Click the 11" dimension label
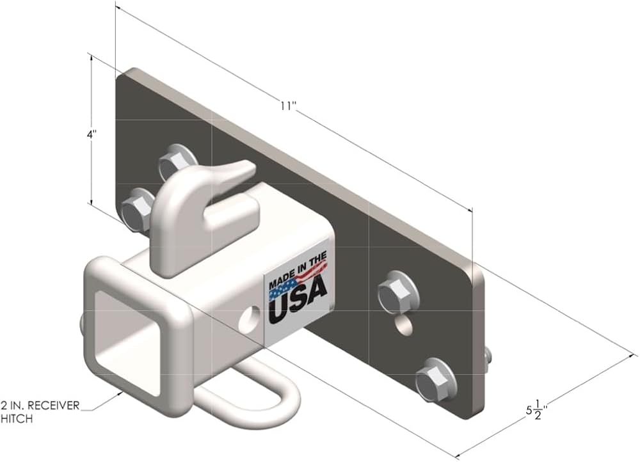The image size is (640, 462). click(288, 106)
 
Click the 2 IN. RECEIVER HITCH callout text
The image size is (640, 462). click(40, 411)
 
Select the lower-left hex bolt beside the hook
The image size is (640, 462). click(137, 209)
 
